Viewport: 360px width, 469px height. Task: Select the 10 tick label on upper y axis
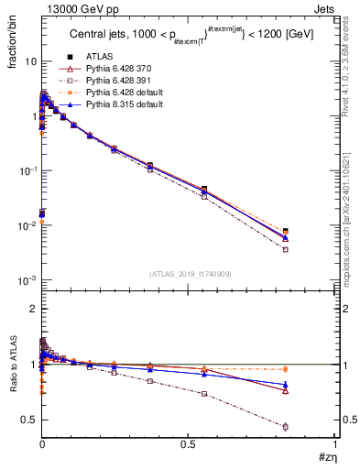29,61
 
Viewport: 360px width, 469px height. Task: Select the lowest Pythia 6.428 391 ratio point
285,426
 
